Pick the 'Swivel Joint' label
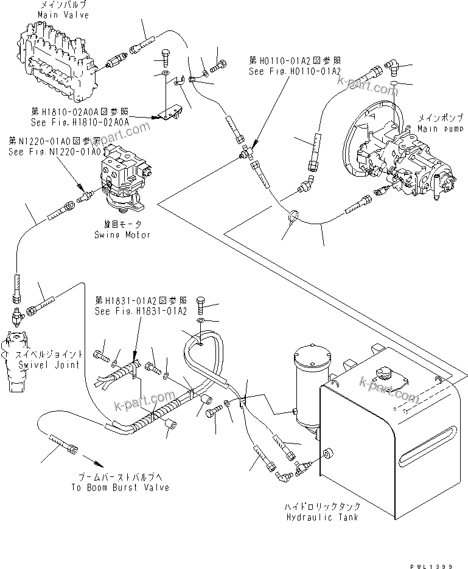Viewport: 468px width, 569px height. (40, 365)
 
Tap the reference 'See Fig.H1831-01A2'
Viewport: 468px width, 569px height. (140, 311)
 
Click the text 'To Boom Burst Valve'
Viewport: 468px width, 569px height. (119, 487)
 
